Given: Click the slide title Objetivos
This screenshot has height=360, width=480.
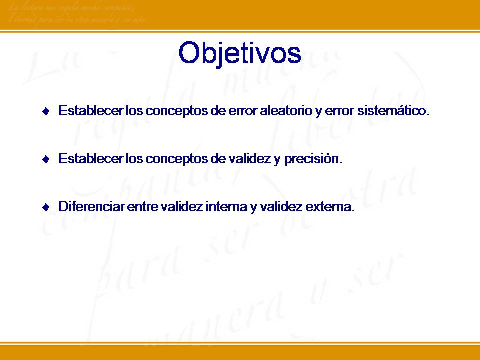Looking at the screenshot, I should click(x=240, y=53).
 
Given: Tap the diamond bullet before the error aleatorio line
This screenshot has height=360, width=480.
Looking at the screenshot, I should click(x=46, y=111).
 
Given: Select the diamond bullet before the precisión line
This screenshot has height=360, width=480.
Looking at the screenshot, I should click(x=46, y=160).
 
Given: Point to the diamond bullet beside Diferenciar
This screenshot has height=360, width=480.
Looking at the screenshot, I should click(x=46, y=208).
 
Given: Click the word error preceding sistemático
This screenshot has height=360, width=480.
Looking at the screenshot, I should click(x=340, y=111).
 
